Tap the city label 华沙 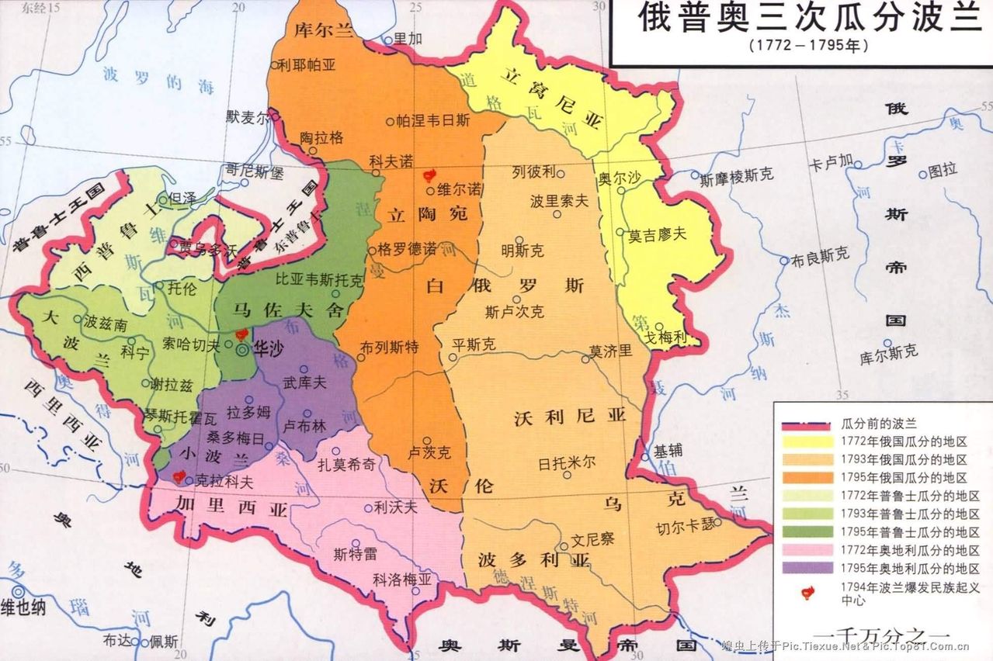click(x=268, y=350)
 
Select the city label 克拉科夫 click(x=224, y=481)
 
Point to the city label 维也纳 click(x=23, y=607)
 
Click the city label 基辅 click(x=670, y=450)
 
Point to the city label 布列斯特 click(x=389, y=348)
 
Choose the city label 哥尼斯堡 click(x=254, y=170)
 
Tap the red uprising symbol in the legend click(x=808, y=592)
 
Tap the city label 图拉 click(x=943, y=169)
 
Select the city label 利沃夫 click(x=395, y=507)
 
